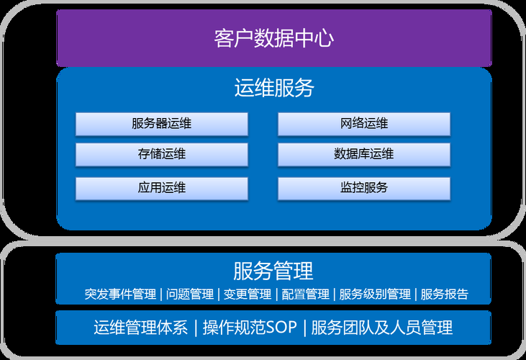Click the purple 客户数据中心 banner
click(273, 37)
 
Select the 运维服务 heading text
click(274, 89)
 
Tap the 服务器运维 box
click(162, 124)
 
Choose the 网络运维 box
click(364, 124)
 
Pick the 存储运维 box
click(162, 154)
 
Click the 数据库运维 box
click(364, 154)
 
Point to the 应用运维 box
click(162, 188)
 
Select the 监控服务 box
click(364, 188)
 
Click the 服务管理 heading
click(273, 271)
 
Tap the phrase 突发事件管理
click(120, 294)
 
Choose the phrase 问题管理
click(190, 294)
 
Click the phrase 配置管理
click(305, 294)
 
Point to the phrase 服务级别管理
click(374, 294)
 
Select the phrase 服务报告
click(444, 294)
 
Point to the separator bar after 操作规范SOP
click(304, 328)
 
